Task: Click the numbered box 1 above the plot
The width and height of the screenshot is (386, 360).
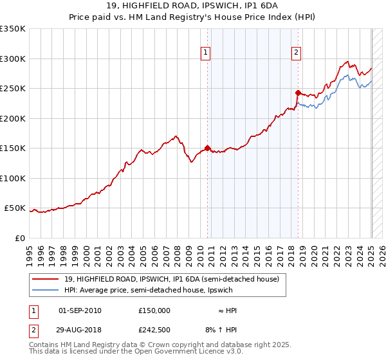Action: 205,53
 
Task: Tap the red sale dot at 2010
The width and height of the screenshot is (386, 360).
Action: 207,148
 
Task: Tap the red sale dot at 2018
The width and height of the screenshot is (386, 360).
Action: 298,93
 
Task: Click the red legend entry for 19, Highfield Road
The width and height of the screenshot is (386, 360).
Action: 171,279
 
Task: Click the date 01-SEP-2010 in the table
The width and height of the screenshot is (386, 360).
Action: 80,310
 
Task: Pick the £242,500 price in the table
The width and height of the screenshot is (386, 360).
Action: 154,330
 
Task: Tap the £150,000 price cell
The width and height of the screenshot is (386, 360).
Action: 154,310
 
